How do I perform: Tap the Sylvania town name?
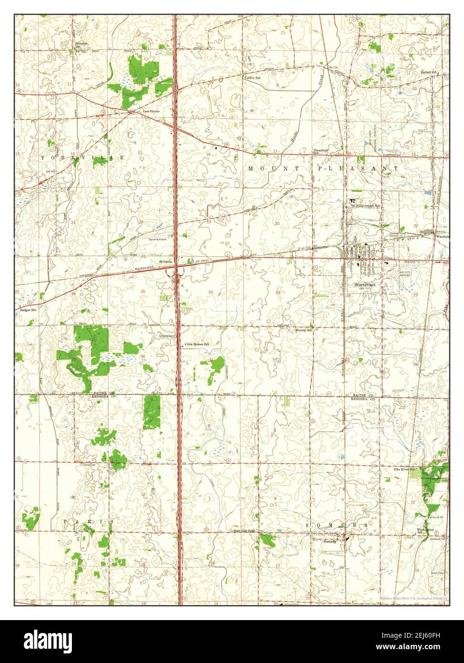tap(166, 262)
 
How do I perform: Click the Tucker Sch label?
tap(252, 77)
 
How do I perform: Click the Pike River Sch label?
tap(404, 469)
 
